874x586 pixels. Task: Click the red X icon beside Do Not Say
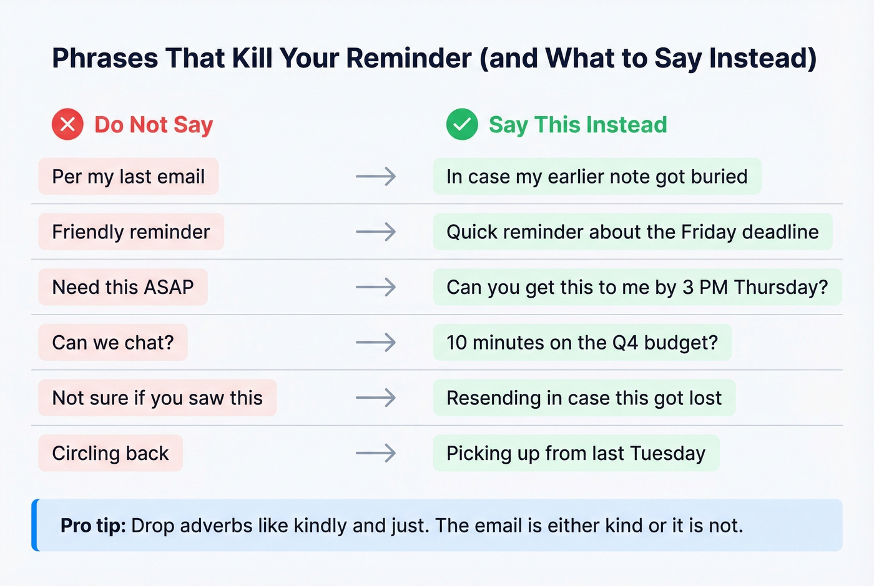[x=67, y=124]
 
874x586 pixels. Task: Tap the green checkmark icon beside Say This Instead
[x=462, y=124]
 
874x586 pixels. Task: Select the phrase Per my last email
[x=129, y=177]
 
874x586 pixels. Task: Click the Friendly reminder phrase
[x=131, y=232]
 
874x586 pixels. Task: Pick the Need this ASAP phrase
[x=123, y=287]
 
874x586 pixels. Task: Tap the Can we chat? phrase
[x=113, y=343]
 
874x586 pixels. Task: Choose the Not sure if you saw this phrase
[x=157, y=398]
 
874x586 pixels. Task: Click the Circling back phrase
[x=110, y=453]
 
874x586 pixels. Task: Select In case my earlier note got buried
[x=597, y=177]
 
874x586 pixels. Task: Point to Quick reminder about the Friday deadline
[x=632, y=232]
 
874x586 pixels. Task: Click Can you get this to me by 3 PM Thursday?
[x=637, y=287]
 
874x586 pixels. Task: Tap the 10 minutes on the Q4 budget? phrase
[x=582, y=343]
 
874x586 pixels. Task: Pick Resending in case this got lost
[x=584, y=398]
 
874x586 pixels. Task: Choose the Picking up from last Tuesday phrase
[x=576, y=453]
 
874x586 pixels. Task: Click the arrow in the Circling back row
[x=376, y=453]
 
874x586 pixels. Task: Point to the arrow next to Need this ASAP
[x=376, y=287]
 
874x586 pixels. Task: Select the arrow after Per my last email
[x=376, y=177]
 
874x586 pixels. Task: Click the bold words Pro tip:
[x=93, y=525]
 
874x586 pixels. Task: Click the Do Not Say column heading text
[x=154, y=125]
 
